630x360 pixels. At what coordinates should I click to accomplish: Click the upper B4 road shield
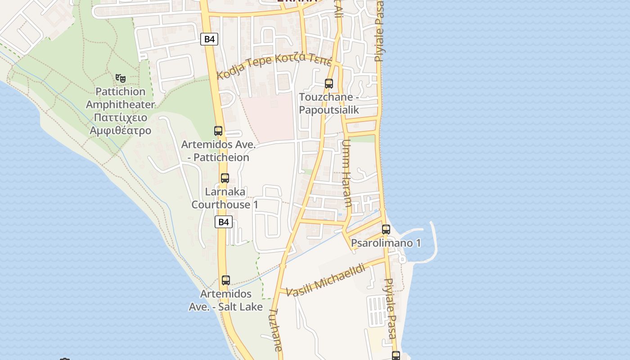(209, 39)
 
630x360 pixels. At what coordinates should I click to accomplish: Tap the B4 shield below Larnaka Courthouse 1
(224, 222)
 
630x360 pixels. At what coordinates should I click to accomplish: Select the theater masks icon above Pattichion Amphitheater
(120, 78)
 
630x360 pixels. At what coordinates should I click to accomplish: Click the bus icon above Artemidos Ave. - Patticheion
(218, 131)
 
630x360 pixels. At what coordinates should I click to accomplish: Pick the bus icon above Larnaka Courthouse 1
(225, 178)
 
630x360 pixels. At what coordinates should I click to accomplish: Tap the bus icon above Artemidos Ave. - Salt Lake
(226, 280)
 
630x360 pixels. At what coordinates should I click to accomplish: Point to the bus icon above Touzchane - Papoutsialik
(329, 84)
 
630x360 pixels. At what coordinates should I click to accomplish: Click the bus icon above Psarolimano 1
(386, 229)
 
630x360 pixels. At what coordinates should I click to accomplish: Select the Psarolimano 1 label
(386, 243)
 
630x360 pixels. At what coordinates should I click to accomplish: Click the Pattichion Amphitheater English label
(120, 98)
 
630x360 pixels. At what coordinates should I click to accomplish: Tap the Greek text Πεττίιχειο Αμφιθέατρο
(120, 124)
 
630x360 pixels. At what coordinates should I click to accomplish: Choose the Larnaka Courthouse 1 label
(225, 198)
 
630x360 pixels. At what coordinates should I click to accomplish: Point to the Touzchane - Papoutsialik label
(329, 103)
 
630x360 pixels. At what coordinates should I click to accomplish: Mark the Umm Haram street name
(346, 173)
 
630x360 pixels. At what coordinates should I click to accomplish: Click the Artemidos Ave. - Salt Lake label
(225, 300)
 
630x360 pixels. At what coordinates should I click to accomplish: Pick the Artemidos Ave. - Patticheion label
(218, 151)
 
